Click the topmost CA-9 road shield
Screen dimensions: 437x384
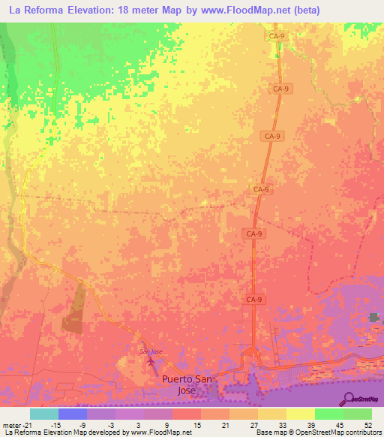pos(277,35)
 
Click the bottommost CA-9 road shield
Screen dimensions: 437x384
pos(254,299)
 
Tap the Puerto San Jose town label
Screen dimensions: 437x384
pos(187,384)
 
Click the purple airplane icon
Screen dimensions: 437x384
pos(153,363)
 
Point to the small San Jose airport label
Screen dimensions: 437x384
pos(151,351)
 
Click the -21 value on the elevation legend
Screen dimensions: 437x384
pos(29,425)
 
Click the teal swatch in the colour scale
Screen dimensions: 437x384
pos(44,414)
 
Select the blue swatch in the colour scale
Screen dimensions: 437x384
pos(73,414)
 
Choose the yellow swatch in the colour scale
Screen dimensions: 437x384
pos(301,414)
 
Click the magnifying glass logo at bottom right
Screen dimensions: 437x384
pos(349,398)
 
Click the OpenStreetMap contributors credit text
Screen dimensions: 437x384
pos(331,432)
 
